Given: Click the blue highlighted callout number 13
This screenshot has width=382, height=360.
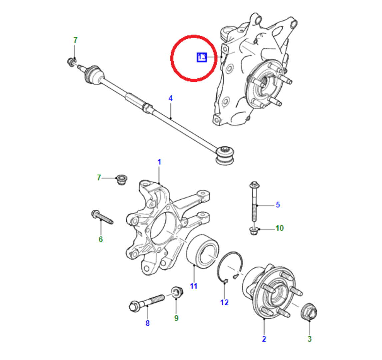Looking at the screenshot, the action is pos(202,57).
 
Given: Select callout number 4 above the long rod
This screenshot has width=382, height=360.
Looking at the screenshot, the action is pos(171,98).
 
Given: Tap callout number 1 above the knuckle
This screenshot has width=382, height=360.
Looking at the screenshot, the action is pos(159,162).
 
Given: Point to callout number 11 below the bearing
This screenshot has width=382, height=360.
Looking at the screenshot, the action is pos(194,286).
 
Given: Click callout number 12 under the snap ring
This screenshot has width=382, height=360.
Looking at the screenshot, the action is pos(224,302).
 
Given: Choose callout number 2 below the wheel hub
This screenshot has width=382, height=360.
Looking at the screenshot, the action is pos(264,339).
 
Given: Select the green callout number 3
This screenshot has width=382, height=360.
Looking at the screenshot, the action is pos(309,339).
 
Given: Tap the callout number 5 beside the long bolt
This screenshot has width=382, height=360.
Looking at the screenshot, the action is pos(278,205).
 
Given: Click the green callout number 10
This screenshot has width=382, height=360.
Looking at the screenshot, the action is pos(280,228).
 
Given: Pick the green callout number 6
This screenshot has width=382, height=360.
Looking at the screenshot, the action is pos(101,239).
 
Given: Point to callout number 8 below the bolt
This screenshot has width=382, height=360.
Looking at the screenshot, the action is pos(147,323).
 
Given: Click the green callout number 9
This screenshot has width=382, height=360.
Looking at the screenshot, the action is pos(176,318).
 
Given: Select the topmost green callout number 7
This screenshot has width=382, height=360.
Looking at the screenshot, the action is pos(76,40).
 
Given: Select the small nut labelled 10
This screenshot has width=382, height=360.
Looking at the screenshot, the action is pos(254,231).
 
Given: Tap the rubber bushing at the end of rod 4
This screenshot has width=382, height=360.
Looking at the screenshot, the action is pos(225,155).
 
